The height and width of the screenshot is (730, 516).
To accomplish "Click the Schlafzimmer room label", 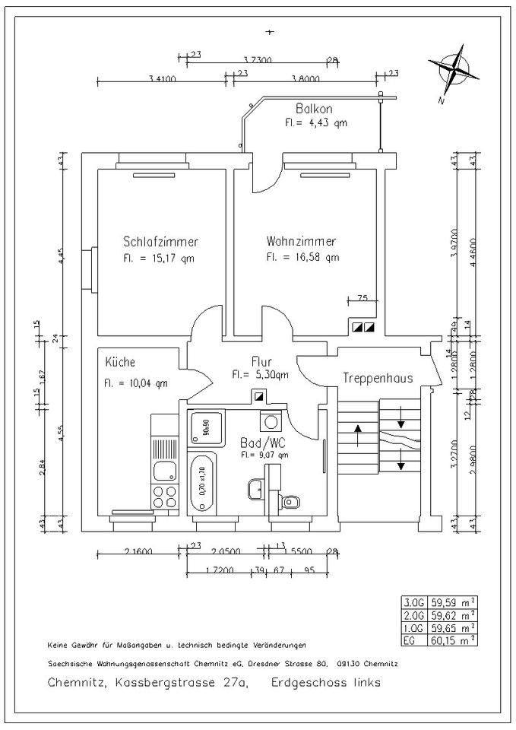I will pos(160,242).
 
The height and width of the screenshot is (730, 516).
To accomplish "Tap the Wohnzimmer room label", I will pos(301,241).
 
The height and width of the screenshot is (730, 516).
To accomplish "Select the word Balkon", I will pos(314,109).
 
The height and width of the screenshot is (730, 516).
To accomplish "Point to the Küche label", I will pos(121,362).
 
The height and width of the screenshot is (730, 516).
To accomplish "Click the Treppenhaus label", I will pos(372,378).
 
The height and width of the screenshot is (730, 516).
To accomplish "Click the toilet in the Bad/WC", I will pos(290,501).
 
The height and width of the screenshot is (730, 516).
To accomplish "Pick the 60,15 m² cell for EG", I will pos(453,640).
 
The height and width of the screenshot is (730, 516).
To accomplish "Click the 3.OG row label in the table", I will pos(414,601).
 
